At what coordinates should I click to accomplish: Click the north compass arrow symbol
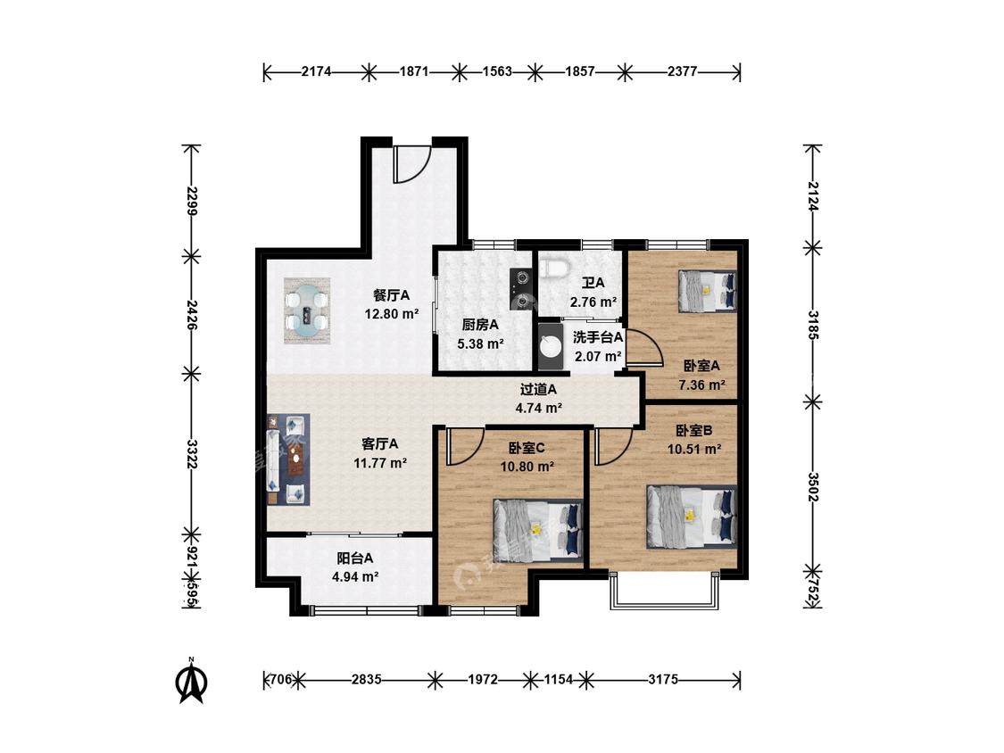click(191, 683)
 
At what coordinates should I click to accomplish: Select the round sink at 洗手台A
click(551, 346)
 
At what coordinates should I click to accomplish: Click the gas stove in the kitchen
click(522, 288)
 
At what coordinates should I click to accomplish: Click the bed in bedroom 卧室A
click(708, 292)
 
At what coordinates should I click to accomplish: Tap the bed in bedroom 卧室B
click(692, 517)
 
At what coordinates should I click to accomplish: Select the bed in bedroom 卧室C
click(538, 531)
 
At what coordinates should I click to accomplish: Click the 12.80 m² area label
click(392, 314)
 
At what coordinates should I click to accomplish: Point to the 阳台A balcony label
click(355, 559)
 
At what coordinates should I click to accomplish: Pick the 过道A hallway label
click(538, 389)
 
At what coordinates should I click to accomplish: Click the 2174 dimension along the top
click(316, 71)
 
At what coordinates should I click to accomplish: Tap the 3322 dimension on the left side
click(191, 453)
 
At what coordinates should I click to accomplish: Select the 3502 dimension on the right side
click(813, 486)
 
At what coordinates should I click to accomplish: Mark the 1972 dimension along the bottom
click(482, 679)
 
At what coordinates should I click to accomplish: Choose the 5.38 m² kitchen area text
click(481, 343)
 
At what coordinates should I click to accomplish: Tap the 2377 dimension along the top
click(682, 71)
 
